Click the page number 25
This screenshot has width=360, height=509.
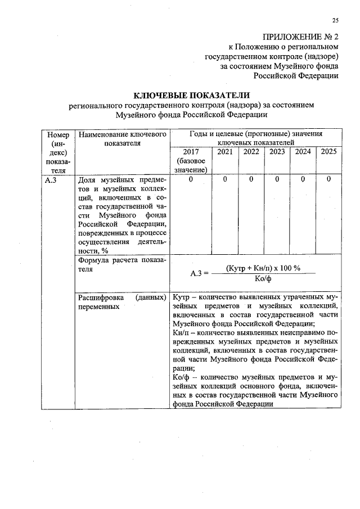(x=335, y=21)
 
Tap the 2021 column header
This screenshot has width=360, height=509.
(x=225, y=151)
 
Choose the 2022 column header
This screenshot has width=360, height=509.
(x=251, y=151)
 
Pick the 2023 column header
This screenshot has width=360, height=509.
(x=277, y=151)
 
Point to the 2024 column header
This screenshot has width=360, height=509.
(x=303, y=151)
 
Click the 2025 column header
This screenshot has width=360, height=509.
(x=328, y=151)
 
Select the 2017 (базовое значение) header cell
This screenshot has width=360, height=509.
(x=191, y=160)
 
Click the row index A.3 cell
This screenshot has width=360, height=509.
(x=51, y=180)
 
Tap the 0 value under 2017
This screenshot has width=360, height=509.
(x=191, y=179)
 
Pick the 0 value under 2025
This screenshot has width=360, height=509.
(x=328, y=179)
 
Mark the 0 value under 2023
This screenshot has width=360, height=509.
(x=277, y=179)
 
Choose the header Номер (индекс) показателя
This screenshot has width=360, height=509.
(x=58, y=152)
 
